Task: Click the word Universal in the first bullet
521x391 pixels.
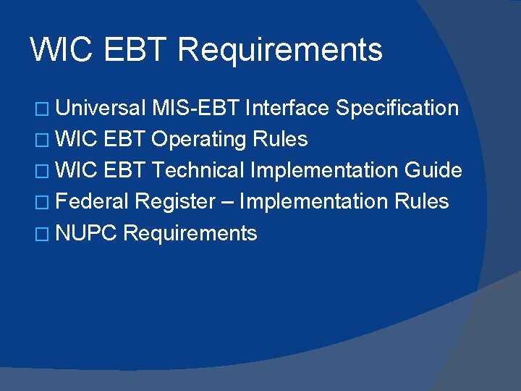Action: [100, 109]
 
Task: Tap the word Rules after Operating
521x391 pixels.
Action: [280, 139]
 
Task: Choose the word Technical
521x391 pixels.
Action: [198, 170]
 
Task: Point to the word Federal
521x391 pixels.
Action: [92, 201]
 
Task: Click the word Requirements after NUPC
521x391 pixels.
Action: [190, 233]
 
